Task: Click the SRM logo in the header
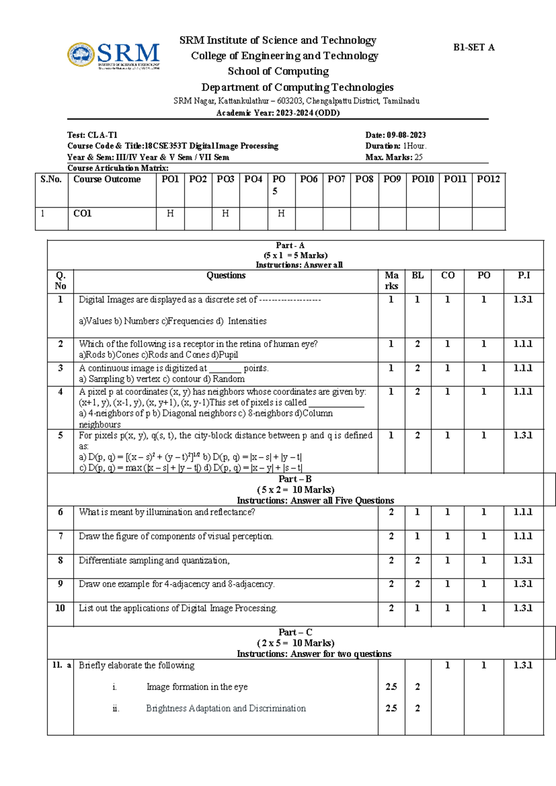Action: (x=114, y=56)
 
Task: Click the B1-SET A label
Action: (x=474, y=47)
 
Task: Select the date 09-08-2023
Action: (x=406, y=135)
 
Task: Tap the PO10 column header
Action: (x=423, y=179)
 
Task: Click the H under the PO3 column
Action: (x=225, y=214)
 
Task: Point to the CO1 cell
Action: (x=82, y=214)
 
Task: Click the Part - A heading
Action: (x=290, y=246)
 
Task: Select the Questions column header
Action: (x=226, y=275)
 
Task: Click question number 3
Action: (x=60, y=368)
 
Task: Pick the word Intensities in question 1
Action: (x=247, y=321)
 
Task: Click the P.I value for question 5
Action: (x=523, y=436)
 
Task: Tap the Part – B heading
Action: (x=295, y=479)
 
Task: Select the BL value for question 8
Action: (x=417, y=560)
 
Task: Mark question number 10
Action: (x=60, y=608)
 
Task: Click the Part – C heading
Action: (x=295, y=632)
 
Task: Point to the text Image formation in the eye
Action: (x=197, y=687)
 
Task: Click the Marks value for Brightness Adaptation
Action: (x=391, y=709)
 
